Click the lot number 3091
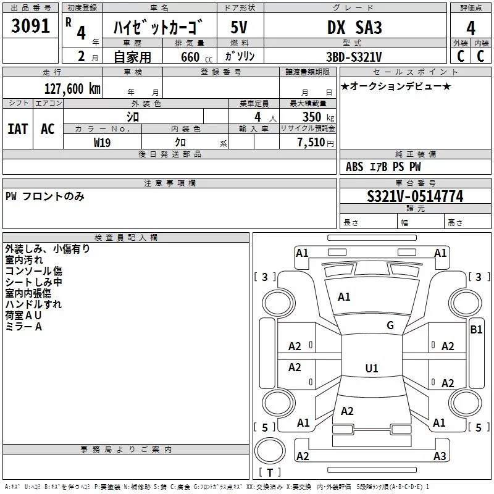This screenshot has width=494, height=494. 30,28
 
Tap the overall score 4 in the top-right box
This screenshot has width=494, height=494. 471,28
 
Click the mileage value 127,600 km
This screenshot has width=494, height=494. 72,88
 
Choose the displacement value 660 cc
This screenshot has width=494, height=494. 189,57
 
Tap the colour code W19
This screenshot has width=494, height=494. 103,141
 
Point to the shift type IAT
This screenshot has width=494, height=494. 17,129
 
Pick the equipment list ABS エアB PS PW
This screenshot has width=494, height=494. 383,167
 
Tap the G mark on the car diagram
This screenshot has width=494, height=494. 390,325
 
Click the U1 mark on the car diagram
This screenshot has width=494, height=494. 371,368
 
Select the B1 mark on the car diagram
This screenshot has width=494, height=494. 476,330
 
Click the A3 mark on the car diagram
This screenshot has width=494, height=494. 439,456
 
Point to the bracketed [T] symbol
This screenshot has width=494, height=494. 269,473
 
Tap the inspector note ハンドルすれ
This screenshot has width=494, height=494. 33,304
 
